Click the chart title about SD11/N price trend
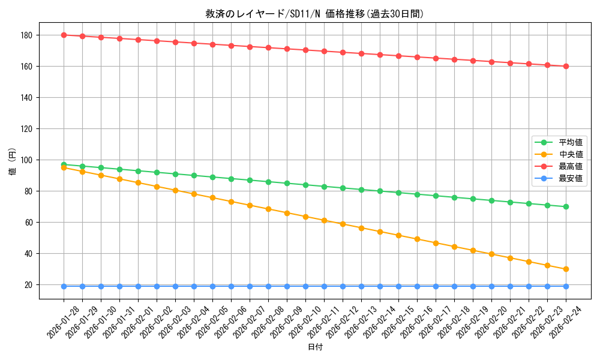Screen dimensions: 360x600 314,14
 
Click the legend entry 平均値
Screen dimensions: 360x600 570,143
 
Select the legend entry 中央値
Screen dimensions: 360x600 570,155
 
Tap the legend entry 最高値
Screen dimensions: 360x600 570,167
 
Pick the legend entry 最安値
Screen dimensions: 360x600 570,179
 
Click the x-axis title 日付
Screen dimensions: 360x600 314,347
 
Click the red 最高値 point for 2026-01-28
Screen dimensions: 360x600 64,35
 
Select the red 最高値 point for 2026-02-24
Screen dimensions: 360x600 566,66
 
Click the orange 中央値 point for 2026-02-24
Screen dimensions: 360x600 566,269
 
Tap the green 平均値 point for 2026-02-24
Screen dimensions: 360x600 566,206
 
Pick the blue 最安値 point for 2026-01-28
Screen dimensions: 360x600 64,286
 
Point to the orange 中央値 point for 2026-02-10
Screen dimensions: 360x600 305,217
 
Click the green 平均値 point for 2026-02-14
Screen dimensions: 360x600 380,191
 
